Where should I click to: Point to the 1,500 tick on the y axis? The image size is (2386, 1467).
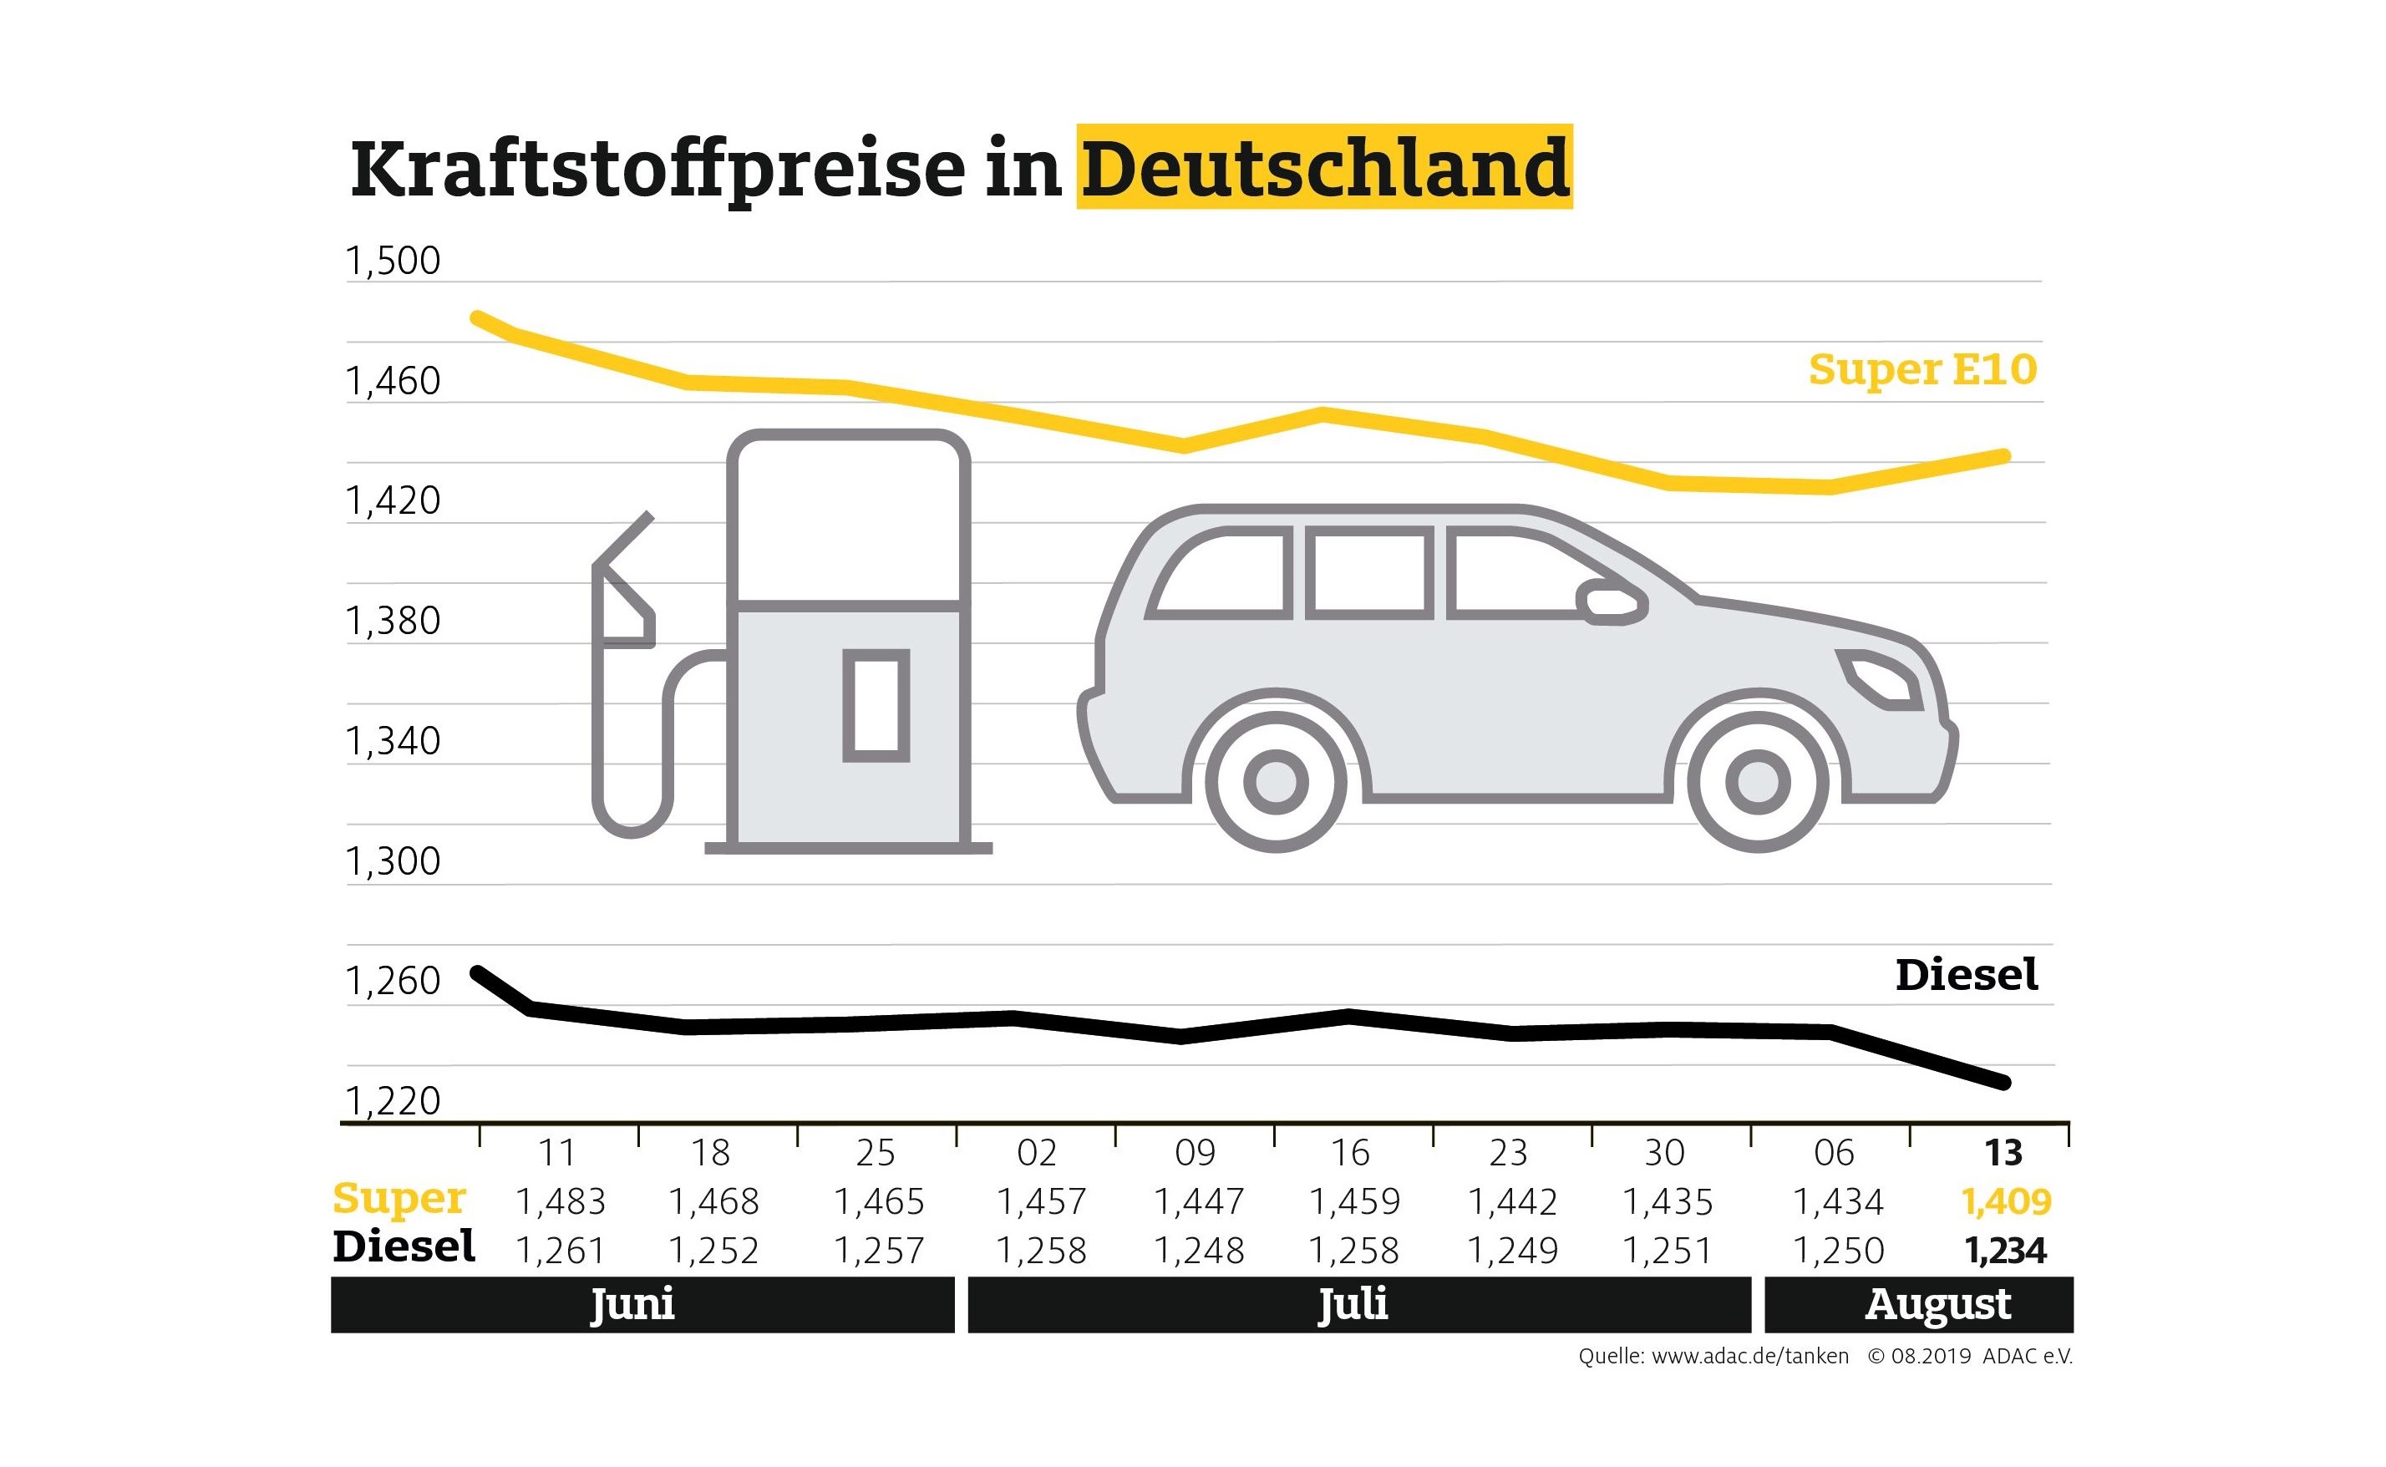[x=393, y=260]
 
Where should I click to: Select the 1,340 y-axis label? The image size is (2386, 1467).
[x=393, y=741]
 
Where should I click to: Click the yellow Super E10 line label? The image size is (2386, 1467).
[x=1922, y=369]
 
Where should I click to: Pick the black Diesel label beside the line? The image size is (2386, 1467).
[x=1966, y=975]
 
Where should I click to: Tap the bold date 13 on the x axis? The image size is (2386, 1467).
[x=2003, y=1153]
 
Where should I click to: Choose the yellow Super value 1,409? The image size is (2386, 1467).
[x=2006, y=1202]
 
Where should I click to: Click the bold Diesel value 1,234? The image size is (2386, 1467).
[x=2006, y=1251]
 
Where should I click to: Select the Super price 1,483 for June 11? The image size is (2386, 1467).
[x=560, y=1202]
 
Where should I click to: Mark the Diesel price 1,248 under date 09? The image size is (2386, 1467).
[x=1198, y=1251]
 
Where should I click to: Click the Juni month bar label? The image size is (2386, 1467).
[x=632, y=1304]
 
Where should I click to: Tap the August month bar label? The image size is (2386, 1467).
[x=1937, y=1305]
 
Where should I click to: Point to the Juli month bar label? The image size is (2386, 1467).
[x=1353, y=1304]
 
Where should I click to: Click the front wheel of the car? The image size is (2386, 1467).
[x=1757, y=781]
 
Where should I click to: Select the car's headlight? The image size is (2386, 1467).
[x=1881, y=678]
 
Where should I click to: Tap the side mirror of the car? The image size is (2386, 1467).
[x=1612, y=602]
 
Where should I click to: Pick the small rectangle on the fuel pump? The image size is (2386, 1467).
[x=876, y=705]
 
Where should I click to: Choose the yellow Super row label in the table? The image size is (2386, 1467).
[x=399, y=1199]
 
